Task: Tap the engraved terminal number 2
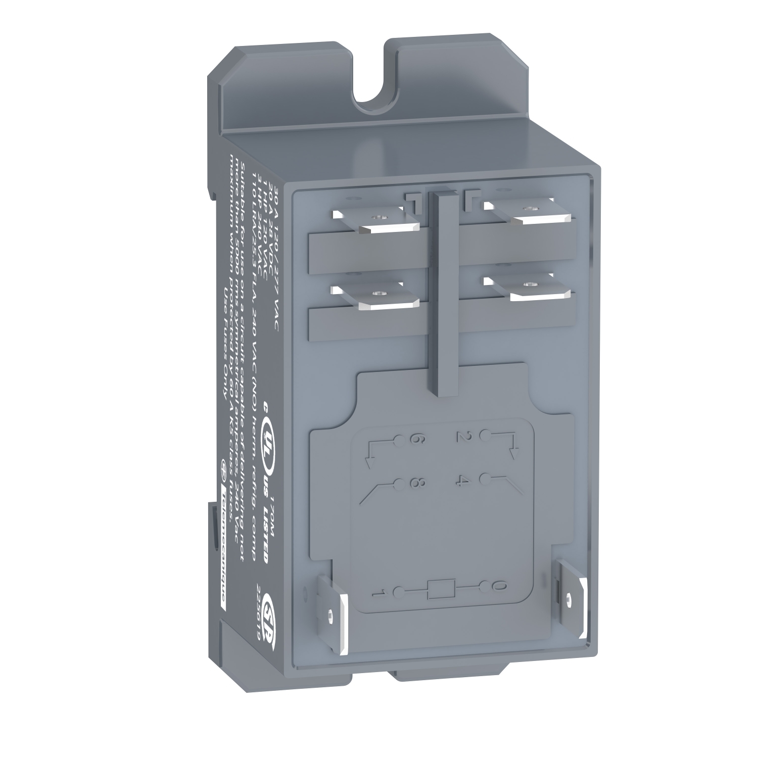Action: click(461, 437)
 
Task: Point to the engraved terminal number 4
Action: click(461, 481)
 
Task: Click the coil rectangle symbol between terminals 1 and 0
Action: click(441, 589)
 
